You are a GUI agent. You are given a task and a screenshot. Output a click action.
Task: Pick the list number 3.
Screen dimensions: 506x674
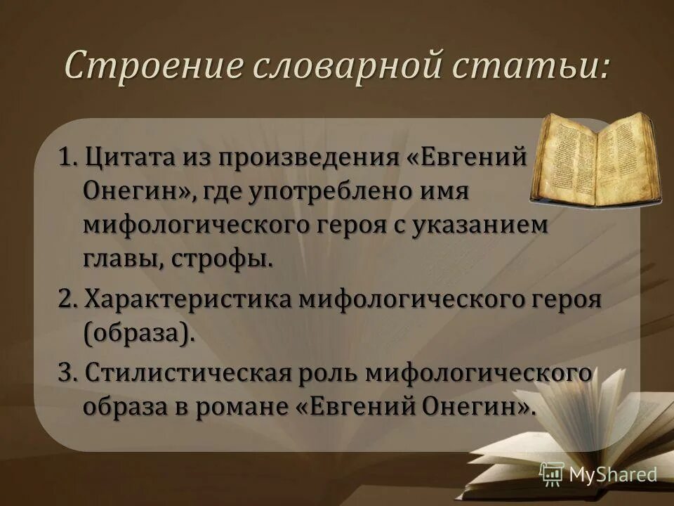click(67, 372)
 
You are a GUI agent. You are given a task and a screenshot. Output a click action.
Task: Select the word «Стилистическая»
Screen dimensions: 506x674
click(185, 372)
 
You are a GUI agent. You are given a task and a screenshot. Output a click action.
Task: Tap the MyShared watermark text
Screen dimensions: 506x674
click(612, 474)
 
